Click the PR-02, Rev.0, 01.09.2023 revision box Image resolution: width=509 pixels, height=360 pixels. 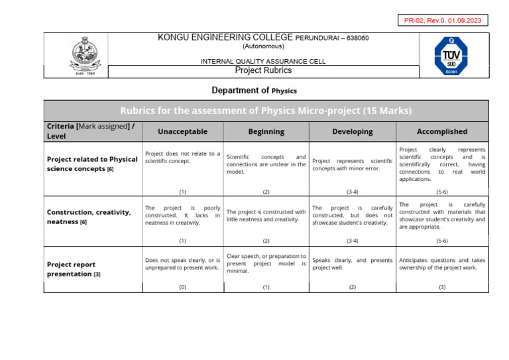point(443,21)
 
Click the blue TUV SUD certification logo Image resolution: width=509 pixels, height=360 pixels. point(451,56)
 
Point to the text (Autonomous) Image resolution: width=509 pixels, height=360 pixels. point(263,46)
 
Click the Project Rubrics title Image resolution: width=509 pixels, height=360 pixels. point(263,70)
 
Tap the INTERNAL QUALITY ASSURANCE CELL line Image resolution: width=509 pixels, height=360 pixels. point(263,61)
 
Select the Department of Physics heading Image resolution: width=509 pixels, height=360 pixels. point(254,90)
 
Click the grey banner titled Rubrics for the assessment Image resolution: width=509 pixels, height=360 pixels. point(266,111)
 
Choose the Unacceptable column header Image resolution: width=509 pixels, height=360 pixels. point(182,132)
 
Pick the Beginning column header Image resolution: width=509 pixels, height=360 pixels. point(266,132)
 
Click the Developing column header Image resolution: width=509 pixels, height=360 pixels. point(352,132)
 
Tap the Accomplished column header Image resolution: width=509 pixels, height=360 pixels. point(442,132)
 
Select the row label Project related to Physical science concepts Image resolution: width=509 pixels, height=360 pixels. point(92,164)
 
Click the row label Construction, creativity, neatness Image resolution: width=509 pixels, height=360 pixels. point(89,217)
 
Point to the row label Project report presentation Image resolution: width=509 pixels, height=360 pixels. point(74,269)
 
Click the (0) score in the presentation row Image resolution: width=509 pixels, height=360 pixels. point(182,287)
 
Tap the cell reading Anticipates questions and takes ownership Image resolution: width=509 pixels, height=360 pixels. point(442,264)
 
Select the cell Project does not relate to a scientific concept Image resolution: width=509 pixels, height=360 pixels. point(182,157)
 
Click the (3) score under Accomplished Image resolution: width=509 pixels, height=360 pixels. point(442,287)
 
